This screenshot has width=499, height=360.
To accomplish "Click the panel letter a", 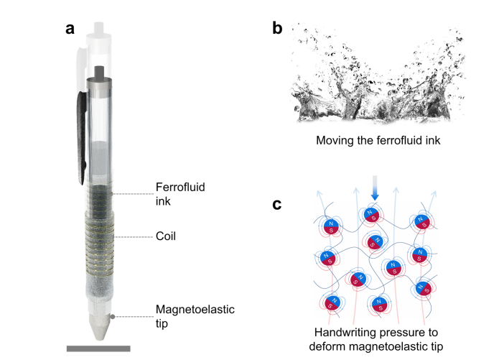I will click(70, 29).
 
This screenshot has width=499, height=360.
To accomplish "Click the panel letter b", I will click(277, 29).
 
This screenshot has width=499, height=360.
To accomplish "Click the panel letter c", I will click(277, 205).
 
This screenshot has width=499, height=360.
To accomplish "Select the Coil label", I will click(167, 236).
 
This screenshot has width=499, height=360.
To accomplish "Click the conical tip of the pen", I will click(99, 327).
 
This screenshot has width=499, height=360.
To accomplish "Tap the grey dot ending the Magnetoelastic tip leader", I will click(112, 316).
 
